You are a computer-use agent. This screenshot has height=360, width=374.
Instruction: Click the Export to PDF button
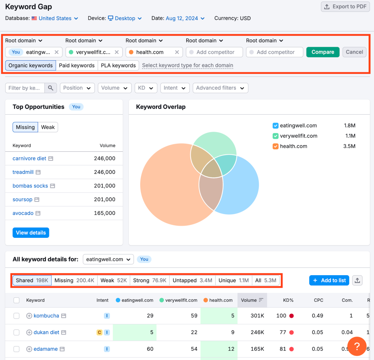pyautogui.click(x=345, y=7)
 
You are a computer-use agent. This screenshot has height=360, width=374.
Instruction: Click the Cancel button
pyautogui.click(x=354, y=52)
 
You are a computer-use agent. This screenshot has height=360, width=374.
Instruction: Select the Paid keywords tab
pyautogui.click(x=77, y=65)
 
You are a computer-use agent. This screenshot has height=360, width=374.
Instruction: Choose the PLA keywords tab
pyautogui.click(x=118, y=65)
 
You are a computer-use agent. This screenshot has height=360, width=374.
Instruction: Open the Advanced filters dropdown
pyautogui.click(x=220, y=88)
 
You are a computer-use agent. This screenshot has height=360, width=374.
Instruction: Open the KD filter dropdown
pyautogui.click(x=146, y=88)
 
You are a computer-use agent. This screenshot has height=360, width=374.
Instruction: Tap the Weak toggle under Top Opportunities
pyautogui.click(x=48, y=127)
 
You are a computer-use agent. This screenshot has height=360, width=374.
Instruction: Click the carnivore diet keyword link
pyautogui.click(x=29, y=159)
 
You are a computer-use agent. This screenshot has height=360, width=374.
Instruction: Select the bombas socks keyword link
pyautogui.click(x=30, y=186)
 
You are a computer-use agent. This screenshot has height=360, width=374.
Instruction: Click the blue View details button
pyautogui.click(x=31, y=233)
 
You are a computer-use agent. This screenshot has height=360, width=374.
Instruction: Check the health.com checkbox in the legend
pyautogui.click(x=276, y=146)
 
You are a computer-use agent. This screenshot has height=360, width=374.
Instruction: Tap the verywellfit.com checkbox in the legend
pyautogui.click(x=276, y=136)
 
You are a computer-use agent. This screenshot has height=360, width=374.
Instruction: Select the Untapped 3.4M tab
pyautogui.click(x=192, y=280)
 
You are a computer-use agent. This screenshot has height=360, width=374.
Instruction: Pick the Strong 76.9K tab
pyautogui.click(x=150, y=280)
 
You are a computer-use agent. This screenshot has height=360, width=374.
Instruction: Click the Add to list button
pyautogui.click(x=329, y=280)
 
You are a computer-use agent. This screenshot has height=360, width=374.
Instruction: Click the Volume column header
pyautogui.click(x=252, y=300)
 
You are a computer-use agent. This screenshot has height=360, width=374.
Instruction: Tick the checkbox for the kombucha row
pyautogui.click(x=17, y=316)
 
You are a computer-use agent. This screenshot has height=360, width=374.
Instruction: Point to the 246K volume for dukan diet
pyautogui.click(x=257, y=332)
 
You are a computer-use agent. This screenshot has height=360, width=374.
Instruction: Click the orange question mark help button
pyautogui.click(x=357, y=346)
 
